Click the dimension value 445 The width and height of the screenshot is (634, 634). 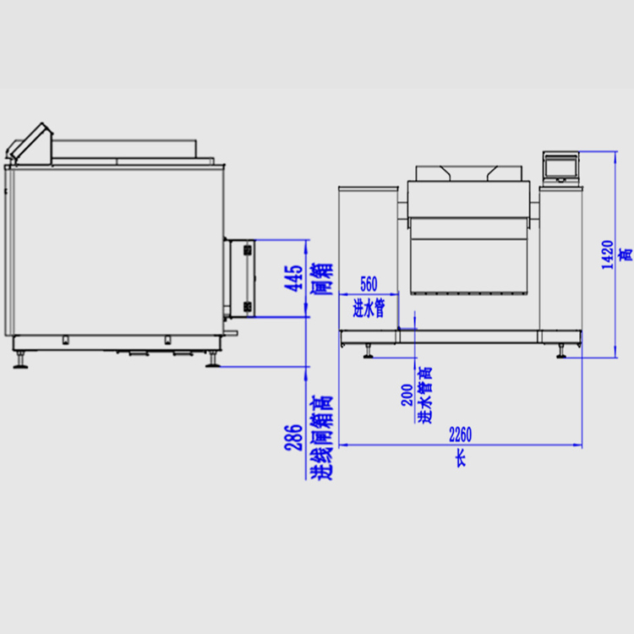click(293, 278)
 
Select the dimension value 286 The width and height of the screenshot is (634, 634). click(293, 438)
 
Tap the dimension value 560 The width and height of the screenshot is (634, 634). click(369, 284)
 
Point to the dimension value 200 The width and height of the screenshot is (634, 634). click(407, 395)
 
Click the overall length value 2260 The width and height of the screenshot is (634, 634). click(460, 435)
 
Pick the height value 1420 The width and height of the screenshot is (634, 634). click(607, 254)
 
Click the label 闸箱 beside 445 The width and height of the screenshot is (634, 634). click(322, 279)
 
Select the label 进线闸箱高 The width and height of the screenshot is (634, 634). click(322, 438)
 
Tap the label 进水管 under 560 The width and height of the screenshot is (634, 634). click(369, 308)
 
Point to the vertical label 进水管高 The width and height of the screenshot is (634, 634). click(424, 395)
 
